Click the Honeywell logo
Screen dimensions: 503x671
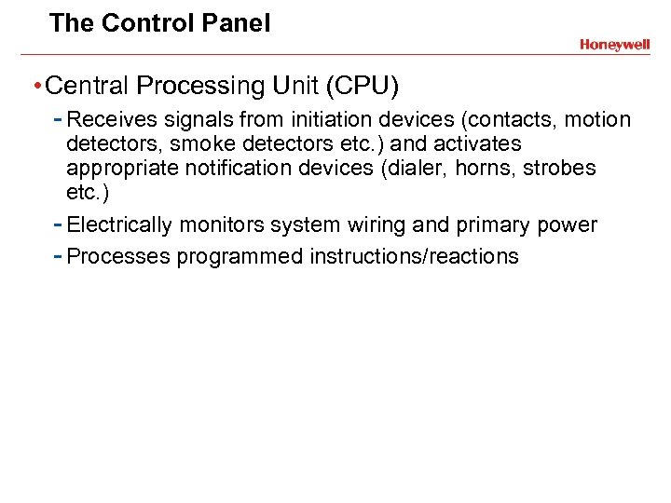click(x=614, y=45)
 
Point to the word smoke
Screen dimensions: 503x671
click(x=199, y=144)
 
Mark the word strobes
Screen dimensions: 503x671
click(x=562, y=169)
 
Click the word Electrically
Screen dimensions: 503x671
click(x=119, y=225)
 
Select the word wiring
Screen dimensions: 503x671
click(x=388, y=225)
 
